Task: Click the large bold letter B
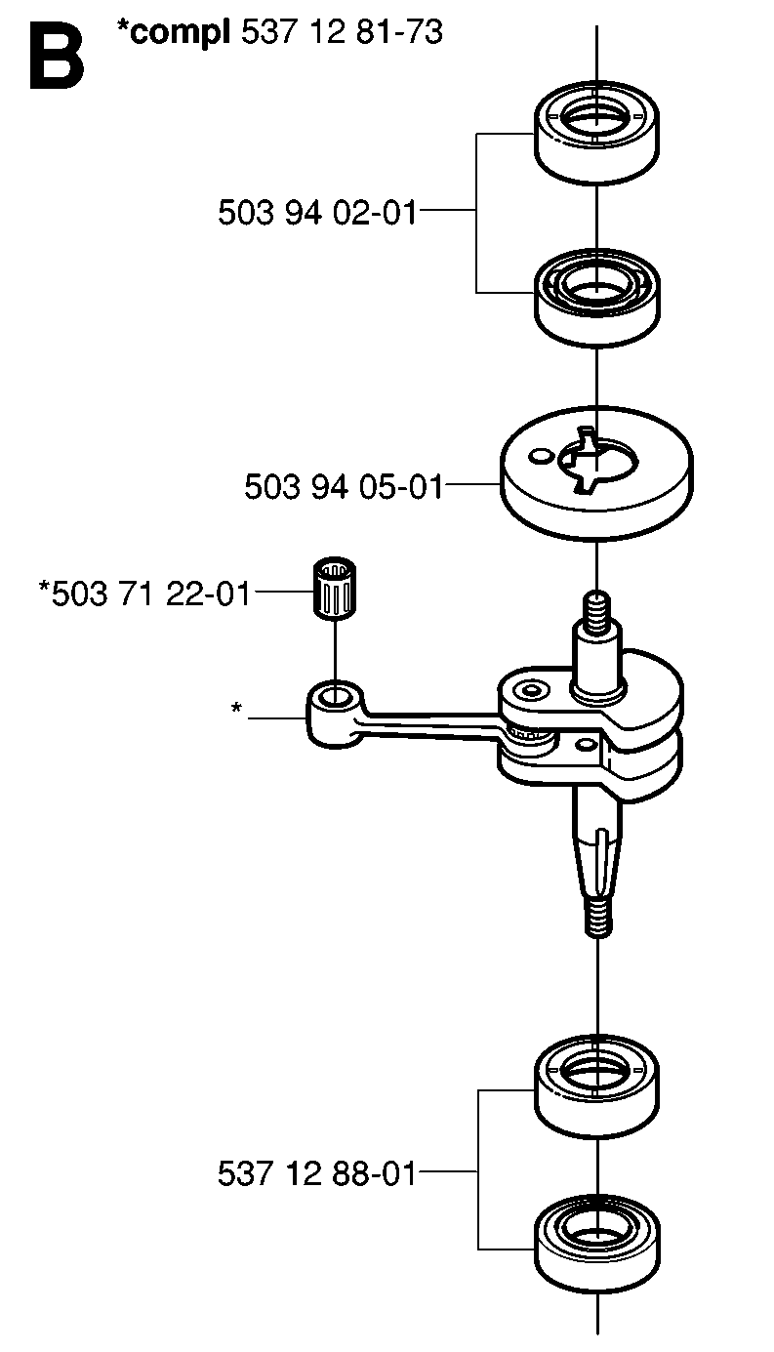57,58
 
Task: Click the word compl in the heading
180,34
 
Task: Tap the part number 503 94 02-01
317,213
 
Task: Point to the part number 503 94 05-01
344,486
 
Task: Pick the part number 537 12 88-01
317,1174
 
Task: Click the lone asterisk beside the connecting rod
236,708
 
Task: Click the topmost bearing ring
596,132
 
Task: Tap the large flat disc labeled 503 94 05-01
596,473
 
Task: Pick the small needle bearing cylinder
335,589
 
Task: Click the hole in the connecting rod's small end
333,698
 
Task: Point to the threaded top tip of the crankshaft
596,607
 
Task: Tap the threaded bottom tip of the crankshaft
599,918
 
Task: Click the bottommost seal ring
596,1246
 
